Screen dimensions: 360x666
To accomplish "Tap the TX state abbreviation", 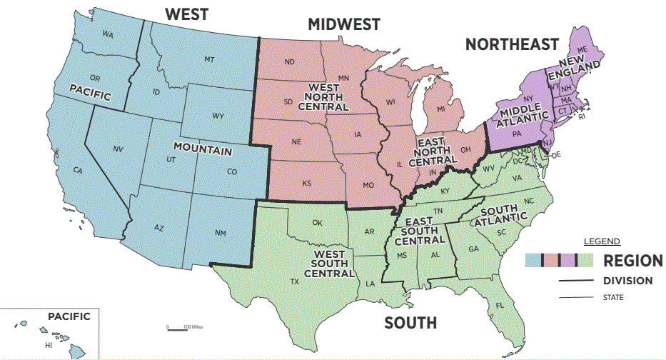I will point(294,281).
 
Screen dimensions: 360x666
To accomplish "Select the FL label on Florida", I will point(500,305).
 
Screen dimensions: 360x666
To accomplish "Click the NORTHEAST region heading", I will point(512,44).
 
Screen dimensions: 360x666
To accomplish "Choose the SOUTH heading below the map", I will point(410,323).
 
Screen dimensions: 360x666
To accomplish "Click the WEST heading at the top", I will point(187,14).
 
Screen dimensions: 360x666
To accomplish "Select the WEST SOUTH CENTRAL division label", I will point(329,262).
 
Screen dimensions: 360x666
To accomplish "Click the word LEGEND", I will point(602,241).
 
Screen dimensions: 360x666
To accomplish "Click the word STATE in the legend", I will point(613,297).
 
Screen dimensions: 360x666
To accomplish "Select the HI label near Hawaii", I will point(49,345).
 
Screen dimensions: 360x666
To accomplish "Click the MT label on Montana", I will point(209,59).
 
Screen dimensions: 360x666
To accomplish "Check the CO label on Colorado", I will point(232,171).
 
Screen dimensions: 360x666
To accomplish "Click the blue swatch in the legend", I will point(533,260).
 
